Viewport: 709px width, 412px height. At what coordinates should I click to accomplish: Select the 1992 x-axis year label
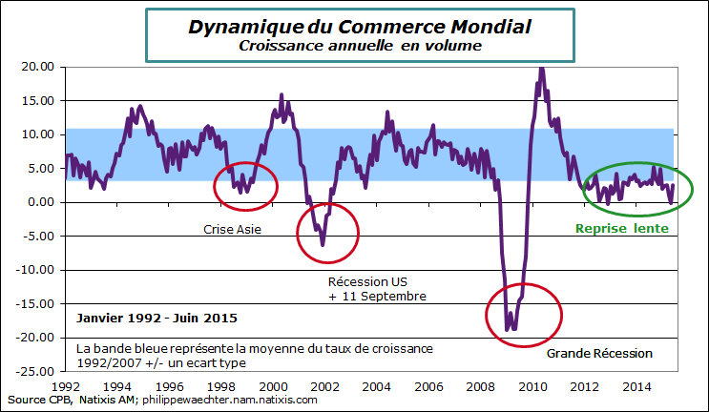(65, 386)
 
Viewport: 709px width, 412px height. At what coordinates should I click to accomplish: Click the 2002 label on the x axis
(323, 386)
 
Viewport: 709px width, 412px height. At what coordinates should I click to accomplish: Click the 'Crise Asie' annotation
(233, 230)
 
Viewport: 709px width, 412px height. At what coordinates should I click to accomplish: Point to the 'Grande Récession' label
(599, 354)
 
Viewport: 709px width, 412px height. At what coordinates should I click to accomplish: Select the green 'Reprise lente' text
(620, 230)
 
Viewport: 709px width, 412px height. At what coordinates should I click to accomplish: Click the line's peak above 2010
(541, 68)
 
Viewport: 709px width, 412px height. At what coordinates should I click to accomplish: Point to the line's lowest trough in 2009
(509, 330)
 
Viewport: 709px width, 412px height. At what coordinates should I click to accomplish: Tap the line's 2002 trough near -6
(323, 245)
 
